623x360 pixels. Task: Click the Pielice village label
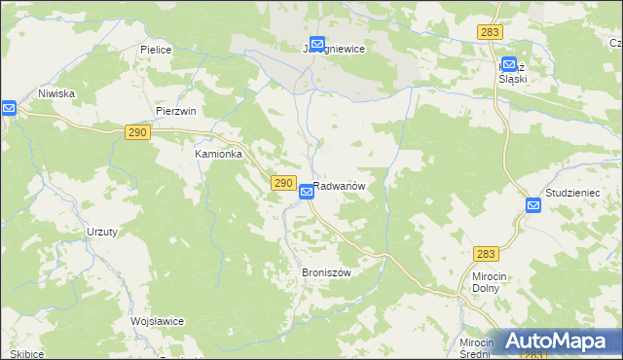click(156, 49)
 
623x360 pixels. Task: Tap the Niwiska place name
click(56, 93)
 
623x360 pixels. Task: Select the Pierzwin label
click(176, 111)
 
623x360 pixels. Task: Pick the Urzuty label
click(102, 232)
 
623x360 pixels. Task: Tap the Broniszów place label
click(325, 273)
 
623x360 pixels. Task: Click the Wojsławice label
click(157, 321)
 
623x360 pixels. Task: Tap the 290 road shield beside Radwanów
click(282, 183)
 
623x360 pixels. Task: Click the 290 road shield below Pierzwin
click(137, 131)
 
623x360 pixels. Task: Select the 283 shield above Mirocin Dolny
click(487, 254)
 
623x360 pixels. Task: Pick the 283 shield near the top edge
click(490, 32)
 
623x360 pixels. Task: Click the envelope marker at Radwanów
click(306, 193)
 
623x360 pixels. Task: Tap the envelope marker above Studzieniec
click(533, 205)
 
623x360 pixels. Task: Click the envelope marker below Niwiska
click(8, 108)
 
